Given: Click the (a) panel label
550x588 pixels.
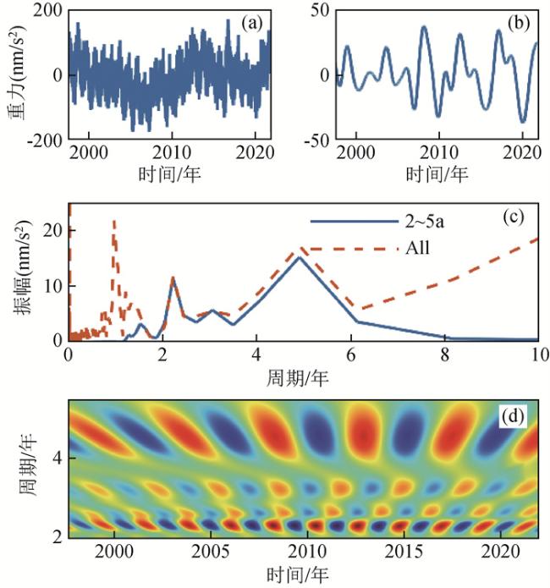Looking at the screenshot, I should pos(251,23).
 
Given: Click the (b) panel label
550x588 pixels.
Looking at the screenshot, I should pos(516,23).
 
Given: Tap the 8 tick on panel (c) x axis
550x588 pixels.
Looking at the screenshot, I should pos(444,355).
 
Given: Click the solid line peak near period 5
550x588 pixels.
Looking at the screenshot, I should pos(299,257).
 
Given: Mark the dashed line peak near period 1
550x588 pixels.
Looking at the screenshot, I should pos(113,222).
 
